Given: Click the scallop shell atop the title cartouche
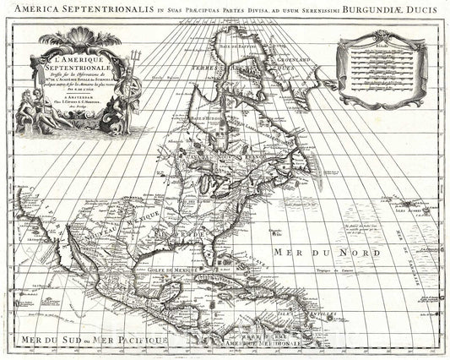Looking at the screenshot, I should coord(79,38).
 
